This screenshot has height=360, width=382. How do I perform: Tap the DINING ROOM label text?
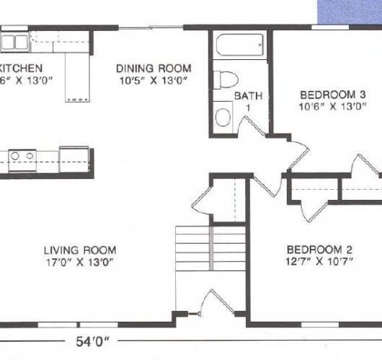[x=154, y=69]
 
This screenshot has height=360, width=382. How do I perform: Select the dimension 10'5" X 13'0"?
[x=154, y=80]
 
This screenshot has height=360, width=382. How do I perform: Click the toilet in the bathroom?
[x=228, y=78]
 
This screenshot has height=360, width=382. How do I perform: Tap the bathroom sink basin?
[x=224, y=118]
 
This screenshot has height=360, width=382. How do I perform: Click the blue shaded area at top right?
[x=350, y=11]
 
